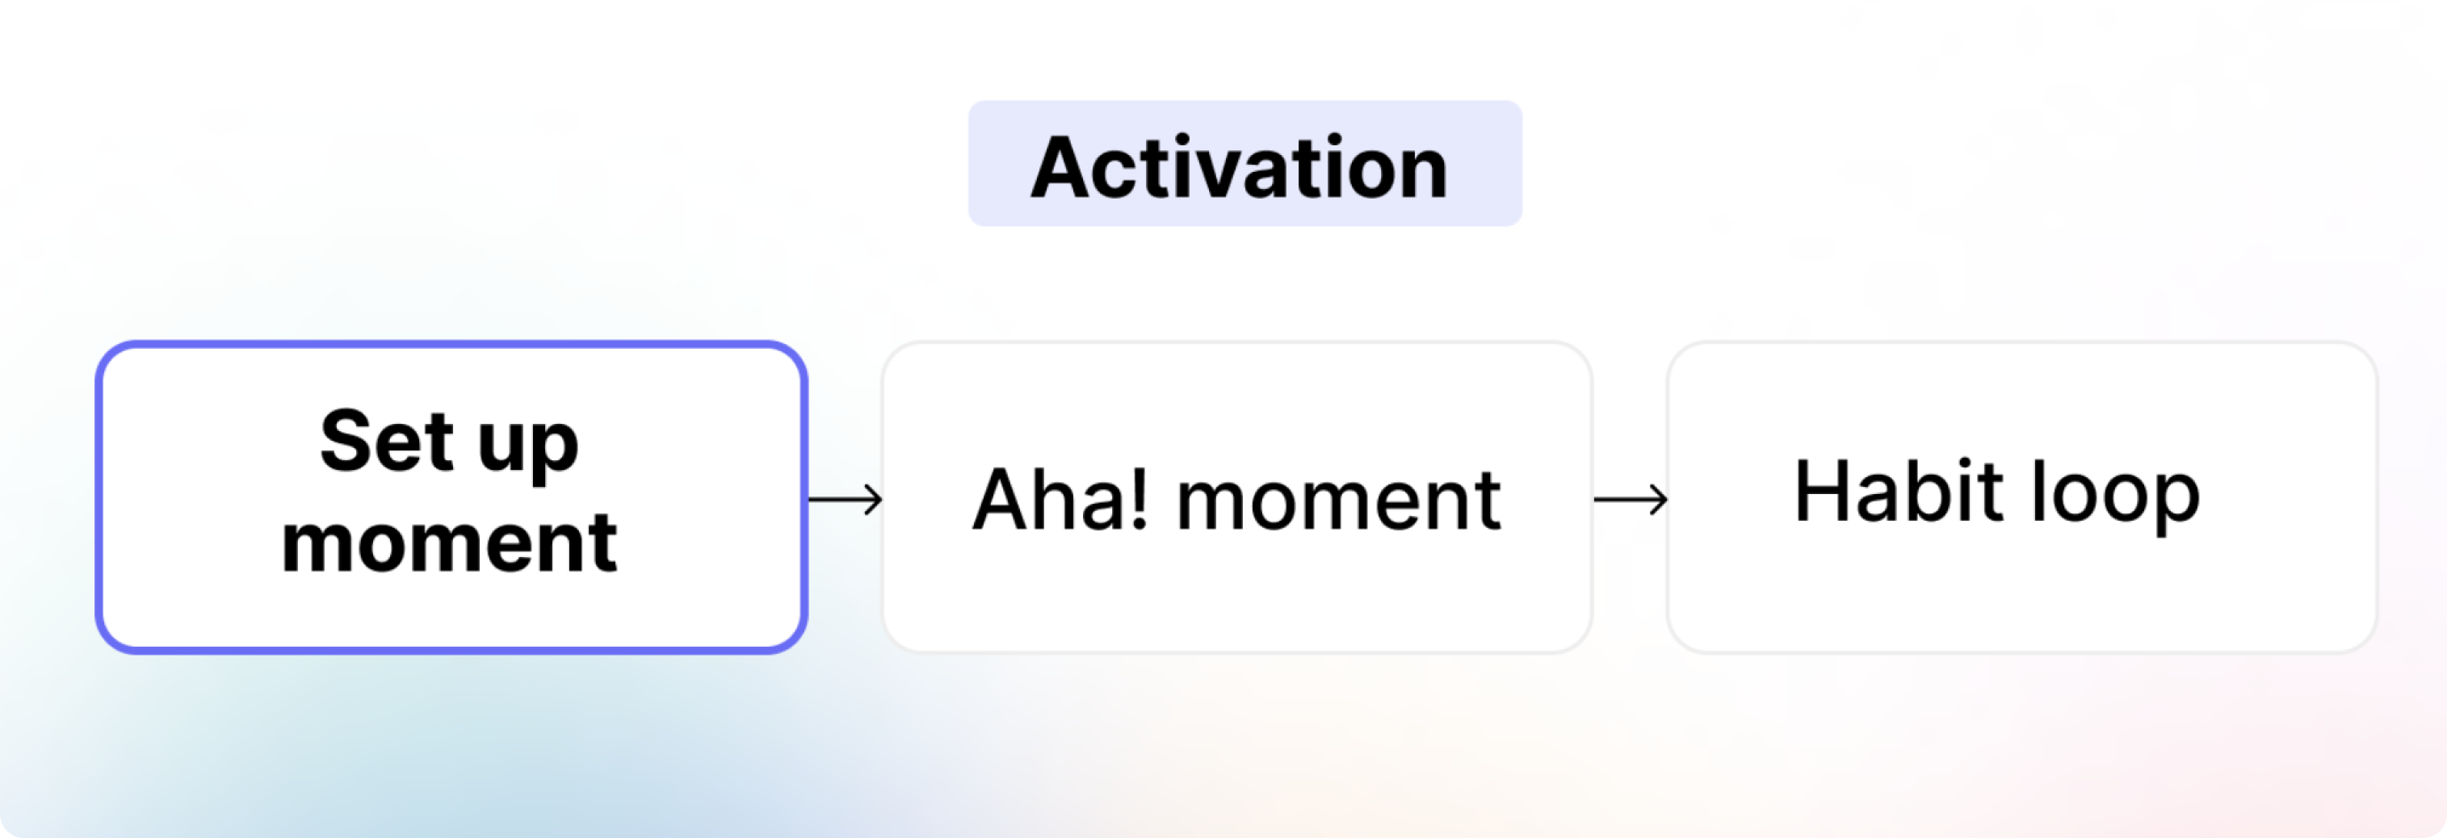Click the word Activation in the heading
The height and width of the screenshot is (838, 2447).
click(x=1240, y=167)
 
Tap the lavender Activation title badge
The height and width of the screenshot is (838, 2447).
click(x=1244, y=163)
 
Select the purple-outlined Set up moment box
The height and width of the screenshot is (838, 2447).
click(x=451, y=497)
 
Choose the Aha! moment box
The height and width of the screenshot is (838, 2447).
click(x=1236, y=497)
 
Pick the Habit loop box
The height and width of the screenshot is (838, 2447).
click(x=2022, y=497)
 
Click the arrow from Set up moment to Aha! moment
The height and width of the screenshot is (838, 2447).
click(x=846, y=499)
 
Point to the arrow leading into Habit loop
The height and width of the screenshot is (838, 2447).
click(x=1630, y=499)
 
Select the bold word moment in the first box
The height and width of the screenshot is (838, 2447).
click(x=449, y=543)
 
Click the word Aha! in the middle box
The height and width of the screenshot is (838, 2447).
click(x=1060, y=499)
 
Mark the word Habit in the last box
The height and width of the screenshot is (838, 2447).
click(x=1899, y=490)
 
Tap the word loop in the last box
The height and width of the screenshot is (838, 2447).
click(x=2115, y=496)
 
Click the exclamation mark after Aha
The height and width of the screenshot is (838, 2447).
click(x=1139, y=499)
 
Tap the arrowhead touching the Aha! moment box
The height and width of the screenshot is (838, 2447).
click(x=874, y=499)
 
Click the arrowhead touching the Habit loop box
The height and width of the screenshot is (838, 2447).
click(x=1659, y=499)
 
